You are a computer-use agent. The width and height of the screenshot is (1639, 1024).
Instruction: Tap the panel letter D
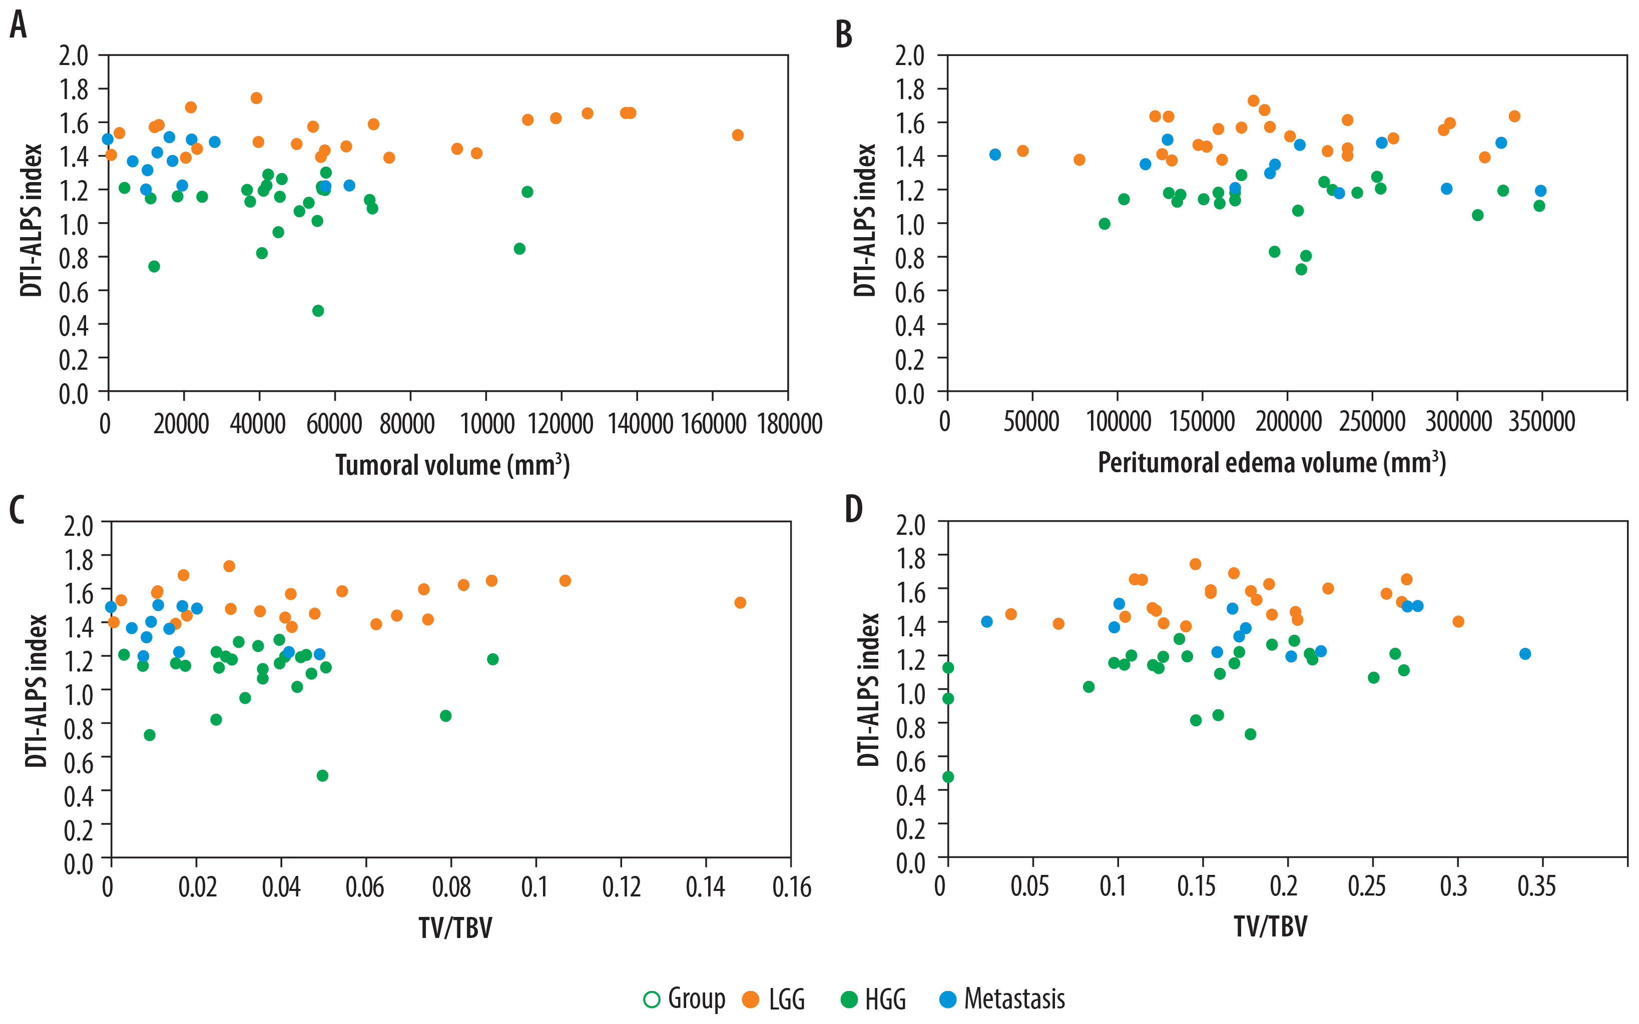[x=854, y=509]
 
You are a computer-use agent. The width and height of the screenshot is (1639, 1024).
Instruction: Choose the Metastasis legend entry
[x=1003, y=999]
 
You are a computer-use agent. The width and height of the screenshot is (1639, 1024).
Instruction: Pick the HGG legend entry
[x=874, y=999]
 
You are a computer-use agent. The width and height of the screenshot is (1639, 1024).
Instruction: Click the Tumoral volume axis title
[x=452, y=465]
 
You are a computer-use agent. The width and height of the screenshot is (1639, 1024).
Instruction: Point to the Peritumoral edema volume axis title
[x=1271, y=463]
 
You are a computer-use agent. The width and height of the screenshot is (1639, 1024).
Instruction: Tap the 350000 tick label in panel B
[x=1541, y=421]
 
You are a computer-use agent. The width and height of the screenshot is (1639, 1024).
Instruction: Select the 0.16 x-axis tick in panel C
[x=791, y=887]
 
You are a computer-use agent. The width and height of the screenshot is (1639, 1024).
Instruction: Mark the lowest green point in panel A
[x=318, y=311]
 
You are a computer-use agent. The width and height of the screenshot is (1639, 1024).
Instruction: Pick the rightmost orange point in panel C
[x=740, y=603]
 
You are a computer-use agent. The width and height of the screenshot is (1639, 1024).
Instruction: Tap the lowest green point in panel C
[x=322, y=775]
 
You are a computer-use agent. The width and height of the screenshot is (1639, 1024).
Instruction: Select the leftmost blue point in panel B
[x=994, y=155]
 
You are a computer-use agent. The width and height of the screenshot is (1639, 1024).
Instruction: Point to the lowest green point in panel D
[x=948, y=777]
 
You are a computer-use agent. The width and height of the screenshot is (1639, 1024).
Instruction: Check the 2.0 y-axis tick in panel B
[x=909, y=56]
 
